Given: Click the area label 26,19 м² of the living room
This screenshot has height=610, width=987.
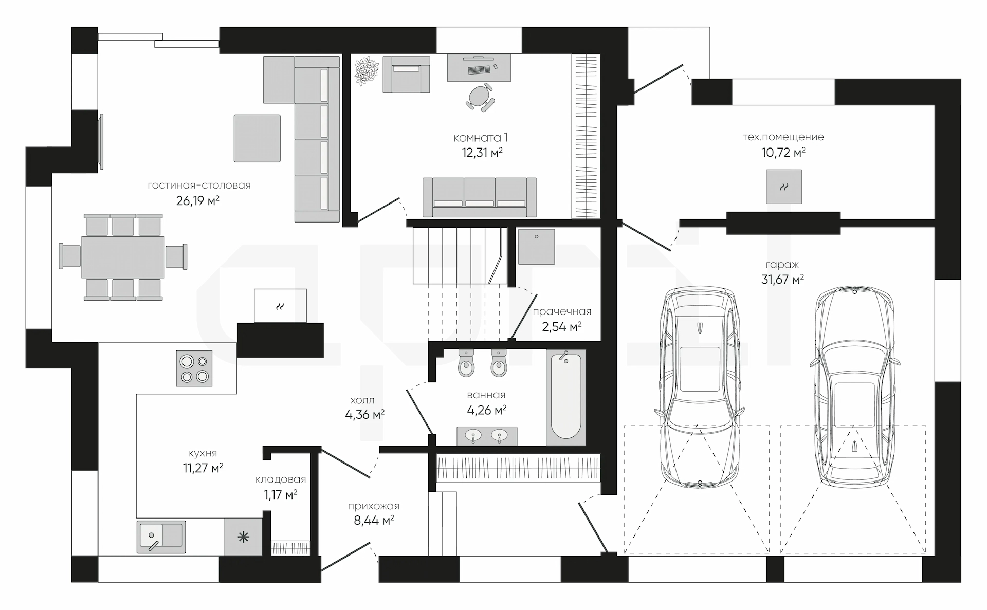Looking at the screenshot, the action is [198, 200].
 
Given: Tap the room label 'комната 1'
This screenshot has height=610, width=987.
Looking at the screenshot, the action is [481, 138].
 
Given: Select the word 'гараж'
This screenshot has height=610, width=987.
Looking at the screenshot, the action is [782, 265].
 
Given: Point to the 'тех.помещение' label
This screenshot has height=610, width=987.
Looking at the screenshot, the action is [783, 137].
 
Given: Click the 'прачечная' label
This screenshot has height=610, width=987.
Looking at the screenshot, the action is [562, 312].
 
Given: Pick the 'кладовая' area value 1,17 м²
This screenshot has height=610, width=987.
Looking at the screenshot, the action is [280, 495].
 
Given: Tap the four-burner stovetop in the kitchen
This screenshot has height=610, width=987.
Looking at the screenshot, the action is [194, 368].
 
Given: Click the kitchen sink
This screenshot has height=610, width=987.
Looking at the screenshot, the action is [161, 536].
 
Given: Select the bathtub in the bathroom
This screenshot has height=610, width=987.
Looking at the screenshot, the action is [565, 397].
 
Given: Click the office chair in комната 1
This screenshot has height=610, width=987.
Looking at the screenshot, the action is [481, 98].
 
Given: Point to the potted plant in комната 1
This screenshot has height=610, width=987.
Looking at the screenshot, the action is [367, 70].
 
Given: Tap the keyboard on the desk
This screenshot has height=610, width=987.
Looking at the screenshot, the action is [479, 69].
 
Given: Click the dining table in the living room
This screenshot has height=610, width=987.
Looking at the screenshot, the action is [123, 256].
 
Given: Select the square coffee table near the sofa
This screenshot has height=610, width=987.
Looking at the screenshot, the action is [257, 138].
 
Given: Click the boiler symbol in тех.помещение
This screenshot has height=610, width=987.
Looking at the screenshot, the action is [784, 187].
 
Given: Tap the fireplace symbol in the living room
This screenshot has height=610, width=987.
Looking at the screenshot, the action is [280, 306].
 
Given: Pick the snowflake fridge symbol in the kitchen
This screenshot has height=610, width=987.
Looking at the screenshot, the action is [243, 538].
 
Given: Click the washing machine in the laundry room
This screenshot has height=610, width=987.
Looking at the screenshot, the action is [536, 247].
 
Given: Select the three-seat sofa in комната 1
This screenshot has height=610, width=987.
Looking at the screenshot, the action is [480, 197].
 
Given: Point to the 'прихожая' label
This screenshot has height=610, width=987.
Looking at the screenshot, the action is [374, 506].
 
